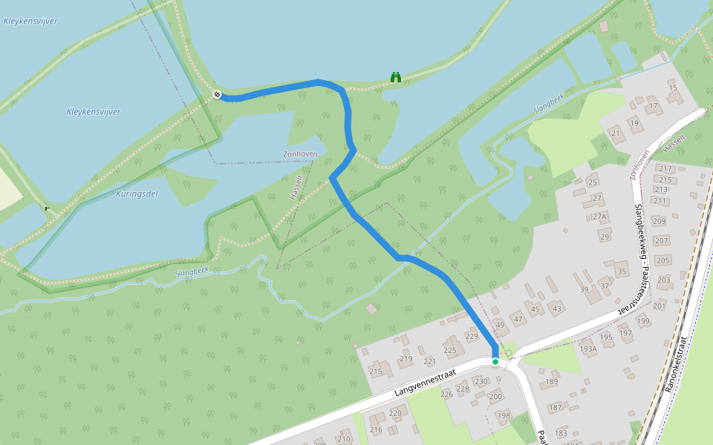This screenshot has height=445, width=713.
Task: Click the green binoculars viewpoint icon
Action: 397,77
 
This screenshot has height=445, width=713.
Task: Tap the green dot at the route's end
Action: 495,361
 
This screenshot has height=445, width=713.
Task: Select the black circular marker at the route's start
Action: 217,94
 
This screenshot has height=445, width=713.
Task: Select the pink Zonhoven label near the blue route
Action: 300,154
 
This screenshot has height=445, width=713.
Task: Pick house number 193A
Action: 588,349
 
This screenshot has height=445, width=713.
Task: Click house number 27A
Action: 599,217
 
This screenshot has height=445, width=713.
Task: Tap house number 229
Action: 472,337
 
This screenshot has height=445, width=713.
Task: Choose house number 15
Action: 673,88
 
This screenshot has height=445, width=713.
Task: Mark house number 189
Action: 551,382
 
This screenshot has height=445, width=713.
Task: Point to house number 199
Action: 643,321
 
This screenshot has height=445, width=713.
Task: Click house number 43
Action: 557,309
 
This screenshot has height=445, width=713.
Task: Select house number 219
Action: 406,358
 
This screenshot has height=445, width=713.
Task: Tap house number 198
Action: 504,415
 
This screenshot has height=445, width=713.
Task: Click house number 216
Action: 376,429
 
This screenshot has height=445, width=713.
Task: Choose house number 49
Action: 500,325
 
